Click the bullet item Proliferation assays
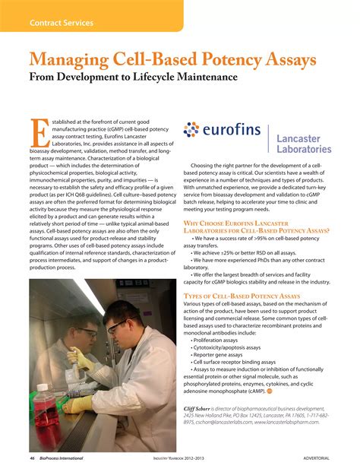[x=216, y=341]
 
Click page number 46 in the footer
[x=33, y=459]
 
